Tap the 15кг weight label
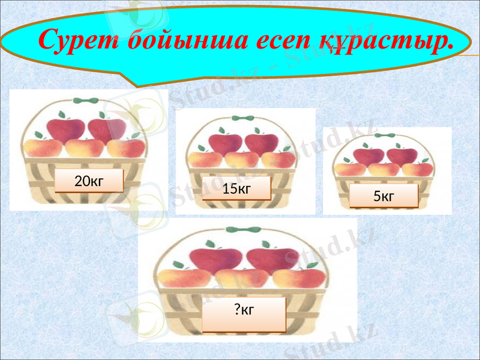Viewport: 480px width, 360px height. click(x=236, y=188)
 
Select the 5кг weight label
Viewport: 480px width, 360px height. click(x=383, y=196)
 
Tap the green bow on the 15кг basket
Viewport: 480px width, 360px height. click(x=242, y=119)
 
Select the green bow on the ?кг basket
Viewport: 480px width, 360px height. click(x=242, y=230)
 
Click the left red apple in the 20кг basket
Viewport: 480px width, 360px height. click(x=65, y=129)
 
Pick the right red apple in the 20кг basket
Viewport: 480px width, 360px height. click(x=107, y=129)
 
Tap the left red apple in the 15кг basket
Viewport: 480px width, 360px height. click(x=225, y=143)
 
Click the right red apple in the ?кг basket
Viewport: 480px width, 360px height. click(x=272, y=258)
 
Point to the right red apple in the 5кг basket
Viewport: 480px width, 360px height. click(x=401, y=156)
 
